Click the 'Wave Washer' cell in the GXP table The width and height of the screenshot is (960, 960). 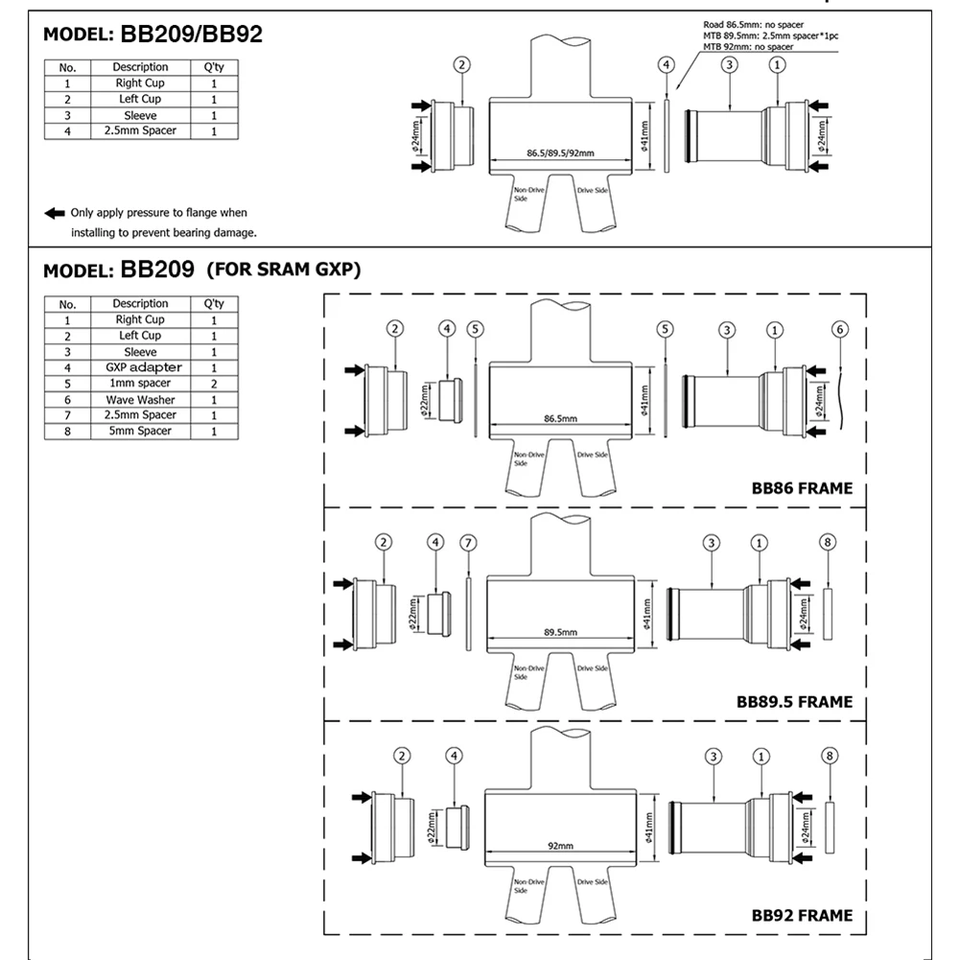click(x=140, y=400)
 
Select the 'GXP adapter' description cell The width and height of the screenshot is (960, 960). click(x=140, y=367)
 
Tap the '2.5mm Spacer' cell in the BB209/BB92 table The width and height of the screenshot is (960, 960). click(x=140, y=130)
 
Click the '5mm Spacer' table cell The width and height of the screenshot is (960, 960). click(x=140, y=432)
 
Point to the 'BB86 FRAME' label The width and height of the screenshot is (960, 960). click(x=802, y=488)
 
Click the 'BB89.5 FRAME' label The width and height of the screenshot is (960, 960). click(x=794, y=702)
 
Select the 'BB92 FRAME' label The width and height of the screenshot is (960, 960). click(x=802, y=915)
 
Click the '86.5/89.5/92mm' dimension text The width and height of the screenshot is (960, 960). click(x=561, y=153)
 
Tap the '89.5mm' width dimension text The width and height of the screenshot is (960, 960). click(x=560, y=632)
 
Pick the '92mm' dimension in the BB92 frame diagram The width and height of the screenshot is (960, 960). click(x=560, y=846)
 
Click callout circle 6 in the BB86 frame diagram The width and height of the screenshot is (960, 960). click(x=839, y=330)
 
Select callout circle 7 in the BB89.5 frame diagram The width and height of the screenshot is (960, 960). click(x=468, y=543)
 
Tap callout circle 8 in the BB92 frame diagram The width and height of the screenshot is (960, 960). click(x=830, y=757)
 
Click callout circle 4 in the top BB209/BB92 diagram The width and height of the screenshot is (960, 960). click(x=667, y=64)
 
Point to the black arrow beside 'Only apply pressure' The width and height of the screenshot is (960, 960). click(x=54, y=213)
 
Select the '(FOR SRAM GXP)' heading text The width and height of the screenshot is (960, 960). click(x=284, y=269)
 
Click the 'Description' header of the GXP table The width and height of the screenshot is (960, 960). click(x=140, y=304)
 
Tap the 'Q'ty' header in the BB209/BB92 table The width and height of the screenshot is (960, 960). click(x=214, y=67)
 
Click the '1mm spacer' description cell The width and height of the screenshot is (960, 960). click(x=140, y=384)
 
